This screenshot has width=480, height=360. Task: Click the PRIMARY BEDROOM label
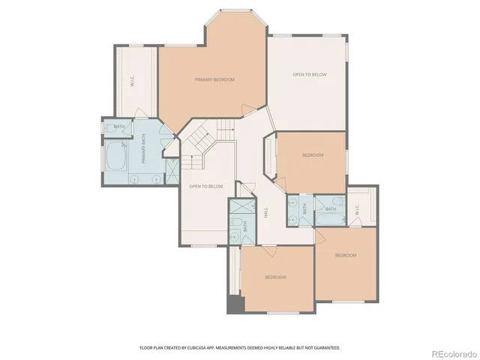coord(214,79)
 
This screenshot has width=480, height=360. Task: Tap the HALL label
coord(266,214)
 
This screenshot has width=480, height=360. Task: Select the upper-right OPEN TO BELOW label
coord(309,74)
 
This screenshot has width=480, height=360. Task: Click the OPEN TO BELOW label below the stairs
coord(206,186)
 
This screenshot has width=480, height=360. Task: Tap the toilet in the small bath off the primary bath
coord(107,127)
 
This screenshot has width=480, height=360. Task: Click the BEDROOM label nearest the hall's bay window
coord(313,155)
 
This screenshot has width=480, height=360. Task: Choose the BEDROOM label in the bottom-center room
coord(275,277)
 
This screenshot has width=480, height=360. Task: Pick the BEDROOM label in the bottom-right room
coord(345,256)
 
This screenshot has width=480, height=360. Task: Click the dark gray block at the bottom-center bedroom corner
coord(234,304)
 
